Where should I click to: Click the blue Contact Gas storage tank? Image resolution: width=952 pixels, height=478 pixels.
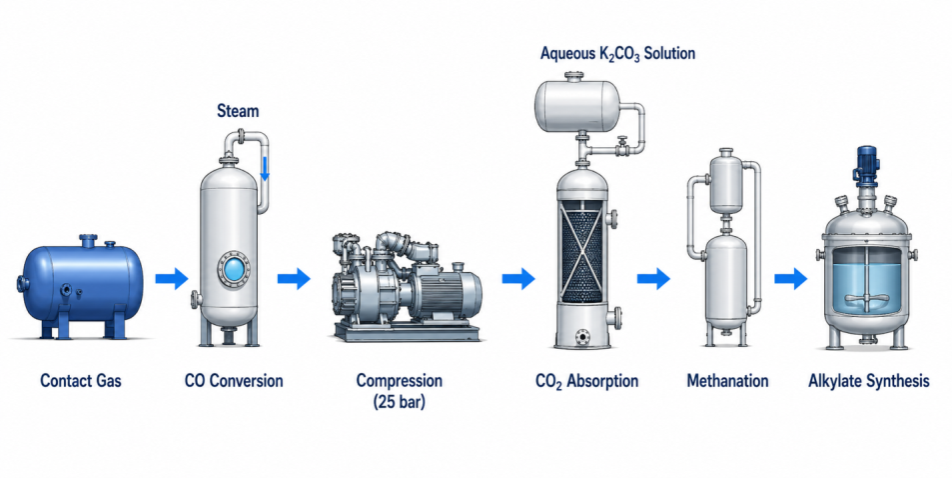pyautogui.click(x=81, y=286)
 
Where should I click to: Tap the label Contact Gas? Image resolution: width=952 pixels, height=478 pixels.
pyautogui.click(x=81, y=381)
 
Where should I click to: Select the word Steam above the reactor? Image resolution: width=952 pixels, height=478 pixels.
pyautogui.click(x=238, y=111)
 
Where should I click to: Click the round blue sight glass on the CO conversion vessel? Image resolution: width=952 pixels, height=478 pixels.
pyautogui.click(x=234, y=268)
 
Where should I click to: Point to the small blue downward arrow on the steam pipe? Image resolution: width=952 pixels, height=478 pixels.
pyautogui.click(x=265, y=168)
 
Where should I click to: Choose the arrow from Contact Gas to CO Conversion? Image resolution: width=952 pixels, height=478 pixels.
pyautogui.click(x=172, y=279)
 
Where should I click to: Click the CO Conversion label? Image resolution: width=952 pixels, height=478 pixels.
pyautogui.click(x=234, y=381)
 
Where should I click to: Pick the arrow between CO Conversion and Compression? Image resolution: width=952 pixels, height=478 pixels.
pyautogui.click(x=294, y=279)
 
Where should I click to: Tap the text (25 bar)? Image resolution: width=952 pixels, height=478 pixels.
pyautogui.click(x=399, y=403)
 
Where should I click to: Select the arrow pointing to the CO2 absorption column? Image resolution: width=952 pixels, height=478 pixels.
pyautogui.click(x=517, y=279)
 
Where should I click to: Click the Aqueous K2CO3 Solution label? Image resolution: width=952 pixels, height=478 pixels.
pyautogui.click(x=618, y=54)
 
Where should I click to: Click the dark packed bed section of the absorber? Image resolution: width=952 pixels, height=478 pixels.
pyautogui.click(x=582, y=252)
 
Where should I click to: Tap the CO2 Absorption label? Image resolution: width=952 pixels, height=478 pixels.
pyautogui.click(x=587, y=381)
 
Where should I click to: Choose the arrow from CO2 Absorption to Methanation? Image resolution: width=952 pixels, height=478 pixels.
pyautogui.click(x=653, y=279)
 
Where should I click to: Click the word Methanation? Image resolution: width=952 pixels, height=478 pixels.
pyautogui.click(x=727, y=381)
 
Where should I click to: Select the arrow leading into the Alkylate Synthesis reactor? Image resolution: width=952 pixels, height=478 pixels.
pyautogui.click(x=790, y=279)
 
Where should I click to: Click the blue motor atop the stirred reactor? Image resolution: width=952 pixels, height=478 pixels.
pyautogui.click(x=866, y=164)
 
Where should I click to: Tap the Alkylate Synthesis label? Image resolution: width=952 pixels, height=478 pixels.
pyautogui.click(x=869, y=381)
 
